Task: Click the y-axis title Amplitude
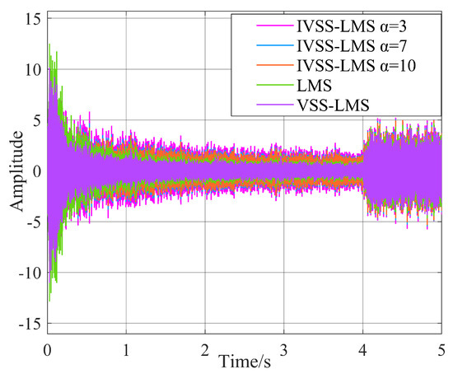point(16,172)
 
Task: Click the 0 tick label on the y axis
point(35,172)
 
